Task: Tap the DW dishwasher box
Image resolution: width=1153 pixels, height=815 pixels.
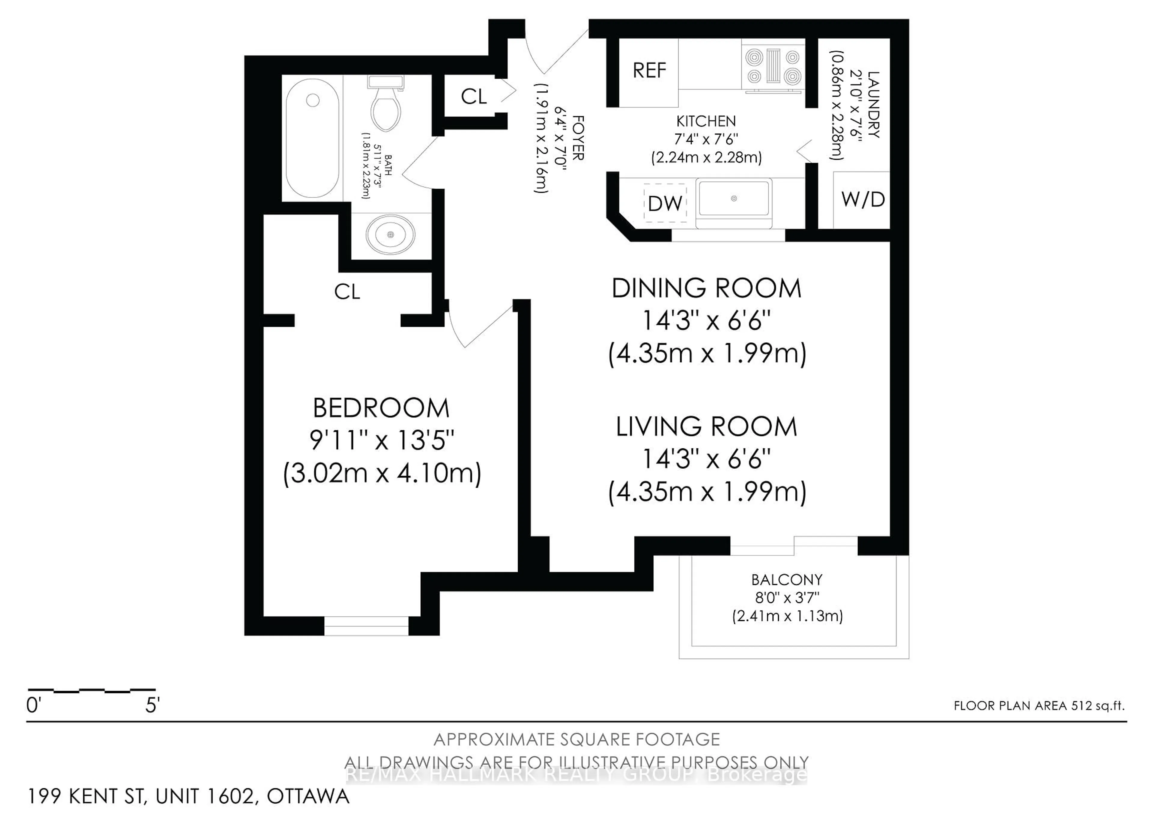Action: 665,203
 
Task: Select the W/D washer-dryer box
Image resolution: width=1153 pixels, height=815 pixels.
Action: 862,200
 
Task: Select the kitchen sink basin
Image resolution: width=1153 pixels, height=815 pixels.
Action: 734,199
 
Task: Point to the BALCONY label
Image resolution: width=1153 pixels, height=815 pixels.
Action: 786,580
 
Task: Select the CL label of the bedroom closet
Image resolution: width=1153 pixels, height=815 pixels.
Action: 347,292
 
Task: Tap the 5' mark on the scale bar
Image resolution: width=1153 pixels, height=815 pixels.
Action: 152,705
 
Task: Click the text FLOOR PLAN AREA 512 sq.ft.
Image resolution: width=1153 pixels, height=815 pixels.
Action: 1039,705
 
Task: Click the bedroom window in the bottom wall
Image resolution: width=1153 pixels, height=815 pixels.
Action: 366,626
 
